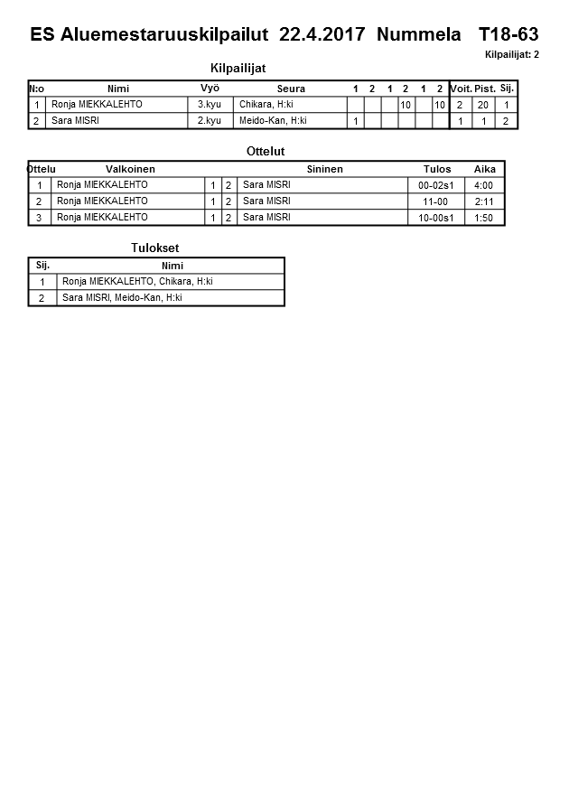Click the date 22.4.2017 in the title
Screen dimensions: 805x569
point(322,35)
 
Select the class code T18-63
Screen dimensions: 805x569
point(508,35)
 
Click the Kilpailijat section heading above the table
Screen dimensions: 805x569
point(238,68)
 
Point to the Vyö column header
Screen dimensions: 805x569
point(210,89)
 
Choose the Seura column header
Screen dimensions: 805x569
point(291,89)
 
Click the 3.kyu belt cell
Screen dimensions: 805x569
point(210,105)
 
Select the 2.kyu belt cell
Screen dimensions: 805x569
point(210,120)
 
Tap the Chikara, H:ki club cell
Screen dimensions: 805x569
point(266,105)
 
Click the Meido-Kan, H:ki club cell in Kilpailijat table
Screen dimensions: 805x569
point(273,120)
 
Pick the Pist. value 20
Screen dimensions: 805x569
point(483,105)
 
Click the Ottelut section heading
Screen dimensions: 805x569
point(266,151)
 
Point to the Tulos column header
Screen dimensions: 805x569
point(437,169)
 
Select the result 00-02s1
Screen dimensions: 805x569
point(436,185)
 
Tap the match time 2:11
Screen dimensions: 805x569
point(484,201)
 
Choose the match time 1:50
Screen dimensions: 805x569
point(484,218)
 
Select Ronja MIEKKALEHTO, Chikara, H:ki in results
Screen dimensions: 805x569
point(137,282)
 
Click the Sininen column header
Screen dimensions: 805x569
point(324,169)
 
